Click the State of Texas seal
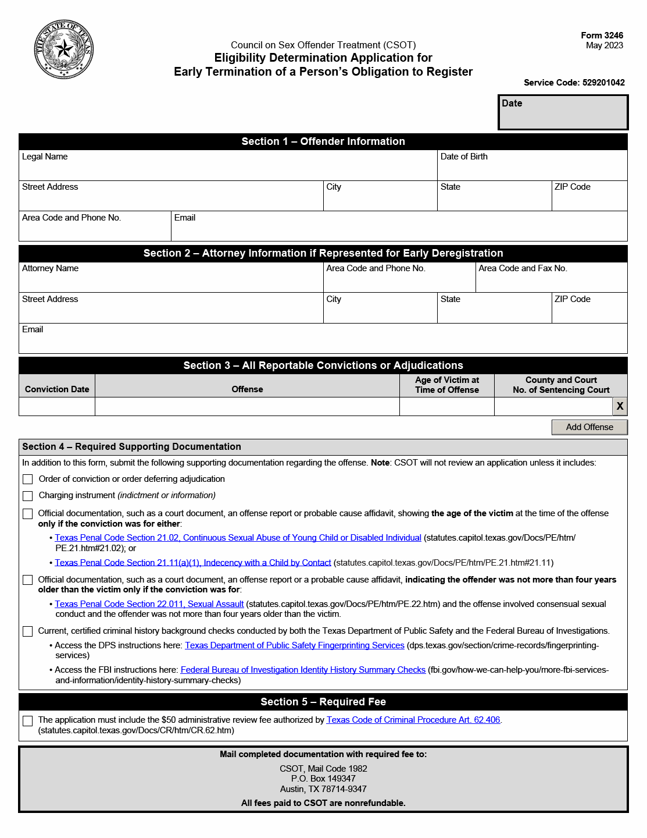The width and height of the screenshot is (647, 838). coord(64,49)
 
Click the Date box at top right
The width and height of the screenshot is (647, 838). coord(563,112)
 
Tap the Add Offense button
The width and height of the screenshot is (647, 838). coord(589,427)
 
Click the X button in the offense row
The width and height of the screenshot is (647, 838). coord(620,406)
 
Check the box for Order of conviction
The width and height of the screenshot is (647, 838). coord(28,479)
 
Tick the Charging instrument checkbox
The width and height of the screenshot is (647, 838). coord(28,496)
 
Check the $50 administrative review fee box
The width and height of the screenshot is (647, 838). coord(28,721)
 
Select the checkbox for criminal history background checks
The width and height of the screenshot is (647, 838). coord(28,631)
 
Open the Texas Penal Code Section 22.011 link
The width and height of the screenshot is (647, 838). coord(149,604)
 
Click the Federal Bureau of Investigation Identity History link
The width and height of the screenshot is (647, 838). coord(303,670)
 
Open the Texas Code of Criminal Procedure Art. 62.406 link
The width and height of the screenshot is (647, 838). coord(413,720)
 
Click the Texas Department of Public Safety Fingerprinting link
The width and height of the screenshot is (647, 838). coord(294,645)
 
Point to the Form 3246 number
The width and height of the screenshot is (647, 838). coord(602,35)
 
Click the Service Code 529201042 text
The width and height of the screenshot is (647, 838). coord(574,83)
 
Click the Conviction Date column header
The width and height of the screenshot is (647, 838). coord(57,389)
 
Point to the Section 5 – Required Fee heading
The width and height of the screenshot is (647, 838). coord(323,702)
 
